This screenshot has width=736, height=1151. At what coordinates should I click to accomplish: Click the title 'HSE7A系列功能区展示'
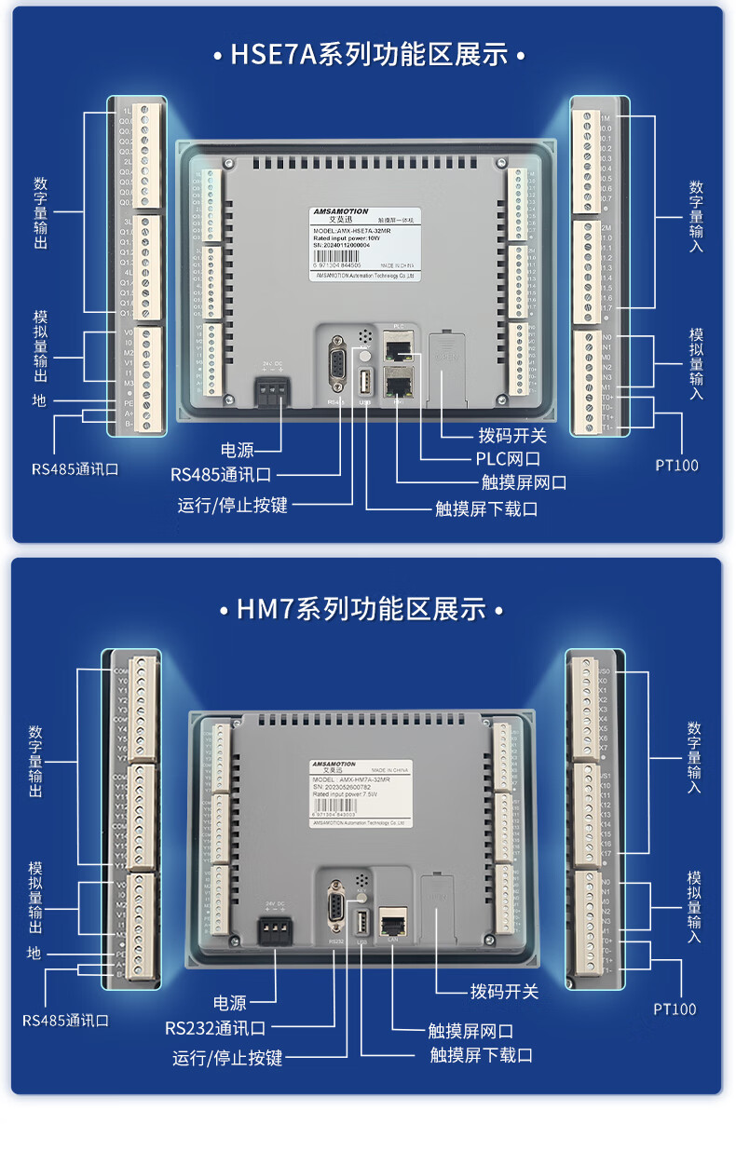coord(368,55)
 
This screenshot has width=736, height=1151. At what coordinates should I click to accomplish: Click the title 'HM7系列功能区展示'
coord(361,610)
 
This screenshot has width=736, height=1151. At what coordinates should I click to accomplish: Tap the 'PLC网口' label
coord(502,458)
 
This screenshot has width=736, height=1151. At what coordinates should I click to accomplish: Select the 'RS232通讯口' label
coord(215,1029)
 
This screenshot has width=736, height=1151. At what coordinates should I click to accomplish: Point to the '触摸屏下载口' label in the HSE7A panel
coord(486,508)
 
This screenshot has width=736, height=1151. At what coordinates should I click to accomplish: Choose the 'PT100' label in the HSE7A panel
coord(676,465)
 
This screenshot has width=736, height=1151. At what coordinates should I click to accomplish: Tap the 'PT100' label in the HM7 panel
coord(675,1009)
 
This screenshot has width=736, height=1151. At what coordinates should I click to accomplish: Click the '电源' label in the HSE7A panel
coord(238,450)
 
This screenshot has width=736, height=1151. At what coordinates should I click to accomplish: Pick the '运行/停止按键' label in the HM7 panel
coord(227,1058)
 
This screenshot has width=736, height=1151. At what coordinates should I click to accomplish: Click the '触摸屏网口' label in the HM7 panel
coord(470,1031)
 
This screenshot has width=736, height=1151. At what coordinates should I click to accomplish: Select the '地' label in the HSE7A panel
coord(38,400)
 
